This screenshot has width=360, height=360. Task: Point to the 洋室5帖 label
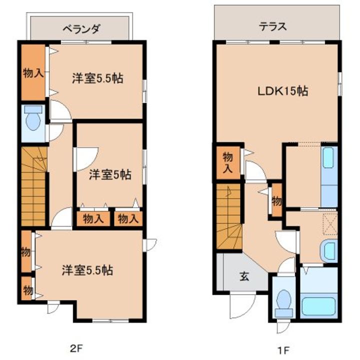110,174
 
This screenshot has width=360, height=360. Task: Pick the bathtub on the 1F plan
318,306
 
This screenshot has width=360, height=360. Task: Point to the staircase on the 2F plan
33,184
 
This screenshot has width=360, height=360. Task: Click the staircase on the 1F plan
229,215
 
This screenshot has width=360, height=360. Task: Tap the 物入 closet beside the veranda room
33,73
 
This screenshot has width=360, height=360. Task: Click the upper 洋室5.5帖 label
97,78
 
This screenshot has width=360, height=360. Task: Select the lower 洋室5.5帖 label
87,270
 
